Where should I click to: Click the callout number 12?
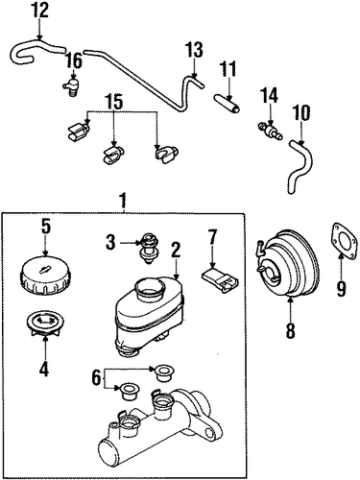click(40, 11)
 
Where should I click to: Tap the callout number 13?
click(194, 50)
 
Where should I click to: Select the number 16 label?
click(74, 60)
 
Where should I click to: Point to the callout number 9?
click(341, 289)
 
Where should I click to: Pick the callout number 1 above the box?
click(124, 201)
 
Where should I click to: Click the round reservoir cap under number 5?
click(46, 276)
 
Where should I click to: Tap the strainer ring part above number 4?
click(44, 325)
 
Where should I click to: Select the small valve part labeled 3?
click(148, 248)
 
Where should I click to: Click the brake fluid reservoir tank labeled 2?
click(149, 316)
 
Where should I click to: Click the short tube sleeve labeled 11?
click(228, 103)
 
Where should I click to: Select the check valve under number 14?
click(270, 132)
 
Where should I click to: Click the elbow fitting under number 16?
click(71, 86)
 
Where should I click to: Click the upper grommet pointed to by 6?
click(164, 373)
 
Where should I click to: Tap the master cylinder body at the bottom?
click(160, 429)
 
